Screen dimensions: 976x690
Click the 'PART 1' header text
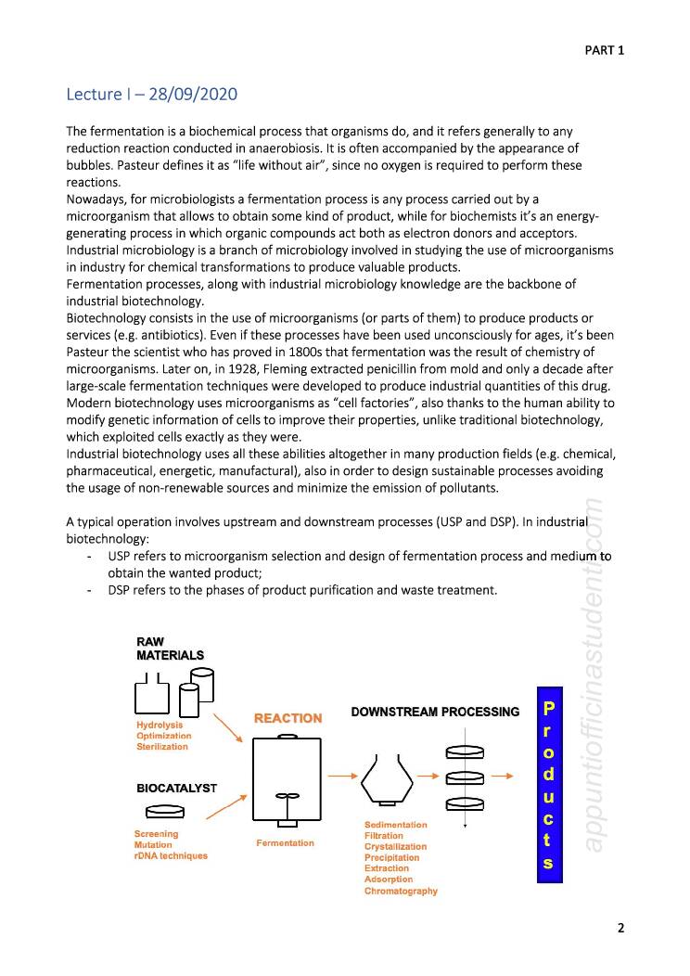click(604, 50)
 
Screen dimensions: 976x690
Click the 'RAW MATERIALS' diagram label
click(170, 649)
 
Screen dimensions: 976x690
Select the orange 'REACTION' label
click(287, 718)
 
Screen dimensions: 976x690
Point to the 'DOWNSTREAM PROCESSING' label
click(435, 712)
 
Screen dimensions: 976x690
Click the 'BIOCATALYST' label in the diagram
click(176, 788)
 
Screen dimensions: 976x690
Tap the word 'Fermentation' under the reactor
click(285, 843)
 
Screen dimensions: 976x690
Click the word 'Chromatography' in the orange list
click(401, 892)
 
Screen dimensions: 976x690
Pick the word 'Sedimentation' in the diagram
click(396, 825)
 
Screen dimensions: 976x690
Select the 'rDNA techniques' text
click(171, 855)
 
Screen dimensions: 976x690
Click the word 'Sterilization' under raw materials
click(162, 746)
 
